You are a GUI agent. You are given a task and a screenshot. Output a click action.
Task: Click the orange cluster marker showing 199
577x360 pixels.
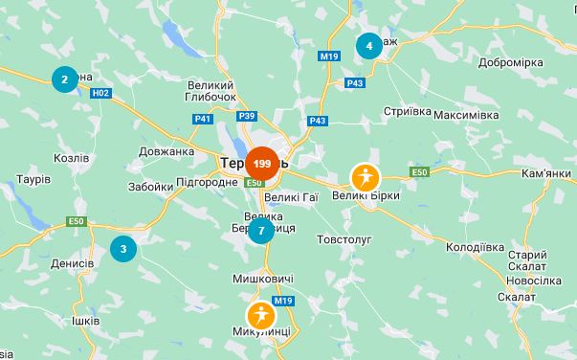click(262, 164)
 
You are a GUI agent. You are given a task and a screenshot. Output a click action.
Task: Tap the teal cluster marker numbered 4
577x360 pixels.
click(369, 45)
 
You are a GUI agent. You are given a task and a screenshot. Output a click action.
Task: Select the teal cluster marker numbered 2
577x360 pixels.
click(64, 79)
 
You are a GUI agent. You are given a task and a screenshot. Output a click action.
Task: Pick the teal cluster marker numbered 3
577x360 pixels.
click(123, 249)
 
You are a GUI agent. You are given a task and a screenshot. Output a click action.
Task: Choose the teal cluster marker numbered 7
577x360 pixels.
click(260, 231)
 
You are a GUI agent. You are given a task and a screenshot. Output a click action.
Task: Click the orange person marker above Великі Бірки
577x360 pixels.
click(365, 177)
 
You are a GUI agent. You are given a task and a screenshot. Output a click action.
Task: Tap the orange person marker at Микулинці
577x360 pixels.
click(260, 315)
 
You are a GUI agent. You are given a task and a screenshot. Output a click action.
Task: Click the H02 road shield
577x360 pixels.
click(101, 93)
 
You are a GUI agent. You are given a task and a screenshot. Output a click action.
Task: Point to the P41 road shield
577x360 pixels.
click(202, 119)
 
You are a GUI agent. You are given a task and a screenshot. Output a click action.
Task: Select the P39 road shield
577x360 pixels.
click(247, 116)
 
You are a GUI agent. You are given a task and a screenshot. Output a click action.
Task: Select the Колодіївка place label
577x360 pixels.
click(475, 247)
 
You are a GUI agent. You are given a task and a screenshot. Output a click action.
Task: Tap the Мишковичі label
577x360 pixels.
click(263, 279)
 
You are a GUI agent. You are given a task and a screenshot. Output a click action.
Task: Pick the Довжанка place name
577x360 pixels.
click(166, 151)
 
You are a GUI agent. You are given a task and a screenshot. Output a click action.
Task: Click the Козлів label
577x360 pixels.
click(72, 158)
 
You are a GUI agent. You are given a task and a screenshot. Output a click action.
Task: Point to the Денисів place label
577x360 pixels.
click(73, 263)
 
